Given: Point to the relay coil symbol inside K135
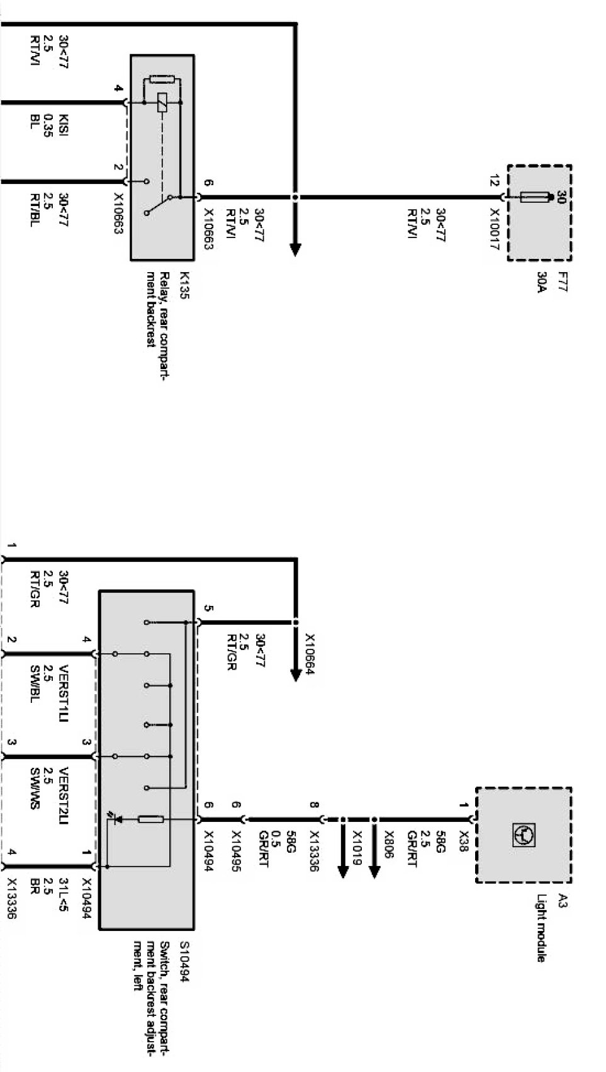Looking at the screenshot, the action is (162, 102).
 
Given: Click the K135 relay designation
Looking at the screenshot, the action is (184, 285).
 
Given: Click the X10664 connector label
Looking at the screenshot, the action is (310, 658).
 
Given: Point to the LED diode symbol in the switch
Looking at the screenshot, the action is (116, 819).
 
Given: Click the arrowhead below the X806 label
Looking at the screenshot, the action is (374, 871).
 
